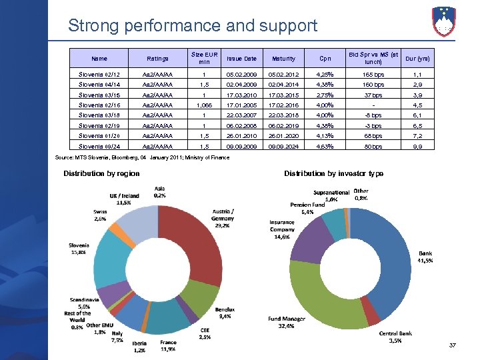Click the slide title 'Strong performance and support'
click(x=193, y=26)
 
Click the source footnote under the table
click(x=160, y=158)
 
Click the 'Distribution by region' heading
click(x=101, y=173)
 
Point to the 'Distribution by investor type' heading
click(x=333, y=173)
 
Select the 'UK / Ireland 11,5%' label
click(x=125, y=199)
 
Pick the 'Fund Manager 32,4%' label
click(x=287, y=323)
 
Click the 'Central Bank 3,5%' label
click(x=395, y=337)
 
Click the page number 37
click(x=453, y=345)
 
